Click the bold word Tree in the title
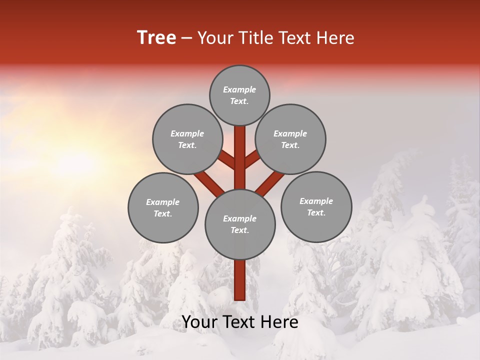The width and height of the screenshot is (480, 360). click(156, 38)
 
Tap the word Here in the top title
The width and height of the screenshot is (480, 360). click(334, 38)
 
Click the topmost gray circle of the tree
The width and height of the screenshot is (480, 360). click(239, 95)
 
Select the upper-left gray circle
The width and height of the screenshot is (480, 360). click(187, 139)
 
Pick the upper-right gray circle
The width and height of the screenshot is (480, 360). click(290, 139)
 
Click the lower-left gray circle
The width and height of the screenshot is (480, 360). click(163, 207)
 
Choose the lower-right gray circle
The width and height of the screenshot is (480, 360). click(316, 206)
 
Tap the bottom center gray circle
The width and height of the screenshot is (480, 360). click(240, 224)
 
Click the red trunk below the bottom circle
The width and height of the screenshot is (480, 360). click(240, 280)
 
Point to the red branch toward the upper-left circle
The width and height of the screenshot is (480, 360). click(226, 160)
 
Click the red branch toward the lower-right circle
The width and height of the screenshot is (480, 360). click(270, 181)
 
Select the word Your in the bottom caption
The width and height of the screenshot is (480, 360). click(198, 322)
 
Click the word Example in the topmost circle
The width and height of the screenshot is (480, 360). click(239, 89)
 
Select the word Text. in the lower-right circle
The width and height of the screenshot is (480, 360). click(316, 212)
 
